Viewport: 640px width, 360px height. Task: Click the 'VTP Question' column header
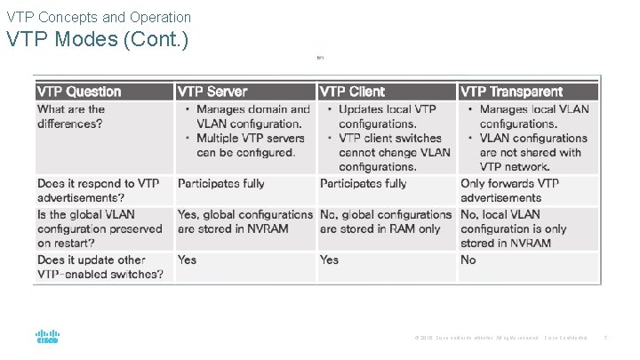[79, 92]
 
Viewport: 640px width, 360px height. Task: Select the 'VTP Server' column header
[212, 92]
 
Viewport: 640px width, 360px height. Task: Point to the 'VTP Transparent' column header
[511, 92]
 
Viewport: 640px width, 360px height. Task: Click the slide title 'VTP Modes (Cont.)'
[97, 41]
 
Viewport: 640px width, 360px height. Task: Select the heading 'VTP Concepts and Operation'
[98, 17]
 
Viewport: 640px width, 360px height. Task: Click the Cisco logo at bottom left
[47, 338]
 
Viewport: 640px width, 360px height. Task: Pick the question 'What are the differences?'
[71, 116]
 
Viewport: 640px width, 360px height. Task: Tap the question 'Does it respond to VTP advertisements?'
[98, 190]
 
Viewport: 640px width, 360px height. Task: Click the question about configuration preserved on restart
[100, 228]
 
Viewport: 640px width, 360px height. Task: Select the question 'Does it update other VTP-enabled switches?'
[100, 267]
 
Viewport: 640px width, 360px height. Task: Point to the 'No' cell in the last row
[468, 260]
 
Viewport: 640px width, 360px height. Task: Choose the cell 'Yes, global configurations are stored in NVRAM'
[245, 221]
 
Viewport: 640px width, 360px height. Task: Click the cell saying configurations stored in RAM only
[385, 221]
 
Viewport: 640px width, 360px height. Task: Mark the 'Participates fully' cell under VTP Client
[363, 183]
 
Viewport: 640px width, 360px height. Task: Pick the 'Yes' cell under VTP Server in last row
[187, 260]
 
